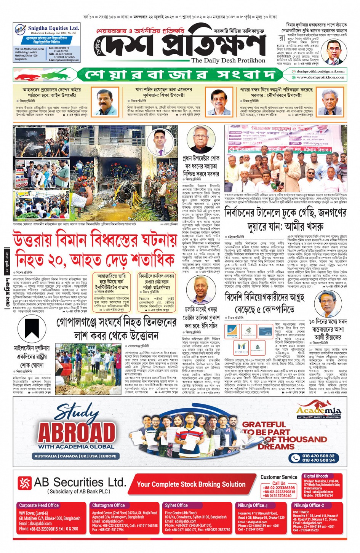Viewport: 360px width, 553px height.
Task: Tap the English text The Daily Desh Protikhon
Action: click(x=228, y=61)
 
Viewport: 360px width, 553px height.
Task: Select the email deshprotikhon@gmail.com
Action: click(x=320, y=71)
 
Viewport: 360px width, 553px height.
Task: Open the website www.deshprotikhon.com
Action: click(x=320, y=77)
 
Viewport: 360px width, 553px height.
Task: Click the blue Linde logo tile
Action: click(x=265, y=331)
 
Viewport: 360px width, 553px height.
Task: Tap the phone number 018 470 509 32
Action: click(x=318, y=456)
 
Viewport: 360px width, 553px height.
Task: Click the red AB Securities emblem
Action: click(x=25, y=483)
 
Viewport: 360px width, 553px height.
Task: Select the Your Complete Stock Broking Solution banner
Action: click(x=191, y=484)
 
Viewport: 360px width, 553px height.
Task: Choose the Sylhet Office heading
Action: click(x=176, y=505)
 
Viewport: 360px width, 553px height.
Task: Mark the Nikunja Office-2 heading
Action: click(x=309, y=505)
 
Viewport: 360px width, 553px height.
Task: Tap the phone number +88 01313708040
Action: click(x=277, y=496)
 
